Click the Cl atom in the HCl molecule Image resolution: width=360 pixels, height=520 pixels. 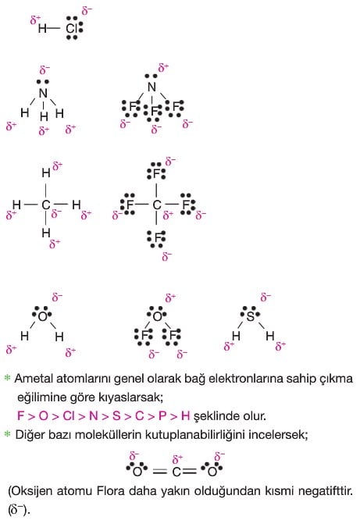pyautogui.click(x=71, y=28)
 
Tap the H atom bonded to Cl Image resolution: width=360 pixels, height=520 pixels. pyautogui.click(x=42, y=29)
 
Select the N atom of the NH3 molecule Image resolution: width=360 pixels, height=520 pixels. pyautogui.click(x=43, y=94)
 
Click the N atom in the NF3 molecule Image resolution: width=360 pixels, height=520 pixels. pyautogui.click(x=151, y=87)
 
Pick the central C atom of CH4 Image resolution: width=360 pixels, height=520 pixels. pyautogui.click(x=46, y=205)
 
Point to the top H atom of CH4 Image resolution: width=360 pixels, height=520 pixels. pyautogui.click(x=46, y=173)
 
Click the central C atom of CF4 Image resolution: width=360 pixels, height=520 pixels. pyautogui.click(x=157, y=205)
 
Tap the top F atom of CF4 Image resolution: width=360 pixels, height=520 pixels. pyautogui.click(x=157, y=173)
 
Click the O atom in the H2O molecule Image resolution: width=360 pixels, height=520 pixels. pyautogui.click(x=43, y=317)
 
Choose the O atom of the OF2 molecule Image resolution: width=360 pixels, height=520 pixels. pyautogui.click(x=157, y=316)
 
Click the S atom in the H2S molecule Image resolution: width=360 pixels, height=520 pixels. pyautogui.click(x=251, y=316)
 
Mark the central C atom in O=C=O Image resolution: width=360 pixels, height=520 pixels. pyautogui.click(x=176, y=472)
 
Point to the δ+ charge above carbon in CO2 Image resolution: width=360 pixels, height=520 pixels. pyautogui.click(x=177, y=459)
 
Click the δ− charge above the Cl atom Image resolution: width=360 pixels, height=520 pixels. pyautogui.click(x=87, y=11)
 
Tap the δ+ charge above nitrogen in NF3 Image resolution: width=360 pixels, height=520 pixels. pyautogui.click(x=163, y=68)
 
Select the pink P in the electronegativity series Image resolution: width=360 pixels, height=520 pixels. pyautogui.click(x=162, y=415)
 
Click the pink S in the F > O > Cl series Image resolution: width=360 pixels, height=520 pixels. pyautogui.click(x=116, y=415)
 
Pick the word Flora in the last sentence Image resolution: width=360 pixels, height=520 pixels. pyautogui.click(x=109, y=491)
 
